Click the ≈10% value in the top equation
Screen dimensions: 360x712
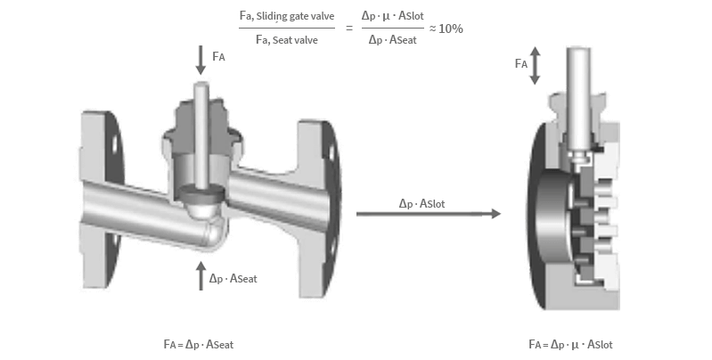[446, 29]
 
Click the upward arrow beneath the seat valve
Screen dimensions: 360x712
[201, 276]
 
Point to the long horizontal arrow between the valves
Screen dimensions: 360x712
[428, 214]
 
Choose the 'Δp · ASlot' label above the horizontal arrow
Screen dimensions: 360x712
[422, 202]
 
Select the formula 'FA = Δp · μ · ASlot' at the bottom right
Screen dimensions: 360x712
[570, 344]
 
